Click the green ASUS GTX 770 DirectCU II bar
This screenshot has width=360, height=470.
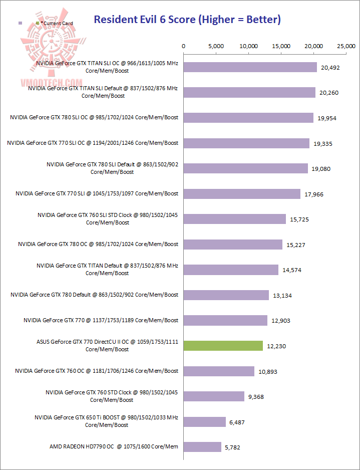point(223,346)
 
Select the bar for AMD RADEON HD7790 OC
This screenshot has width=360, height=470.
point(202,447)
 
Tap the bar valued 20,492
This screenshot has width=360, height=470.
point(250,67)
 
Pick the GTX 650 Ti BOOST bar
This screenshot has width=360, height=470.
point(205,422)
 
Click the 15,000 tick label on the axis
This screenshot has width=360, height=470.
point(281,46)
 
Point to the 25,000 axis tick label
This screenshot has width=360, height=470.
point(346,46)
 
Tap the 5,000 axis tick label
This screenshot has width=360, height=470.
point(216,46)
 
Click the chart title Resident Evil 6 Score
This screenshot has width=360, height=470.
point(187,20)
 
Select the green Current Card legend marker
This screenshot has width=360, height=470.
point(38,23)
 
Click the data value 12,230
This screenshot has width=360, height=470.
point(277,346)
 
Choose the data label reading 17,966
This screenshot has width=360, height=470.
point(315,194)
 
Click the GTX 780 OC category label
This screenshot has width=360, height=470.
point(98,244)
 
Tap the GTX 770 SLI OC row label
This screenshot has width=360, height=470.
point(93,143)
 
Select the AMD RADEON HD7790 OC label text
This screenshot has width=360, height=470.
point(114,446)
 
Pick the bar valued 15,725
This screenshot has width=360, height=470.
point(235,219)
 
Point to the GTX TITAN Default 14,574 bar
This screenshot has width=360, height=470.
point(231,270)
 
